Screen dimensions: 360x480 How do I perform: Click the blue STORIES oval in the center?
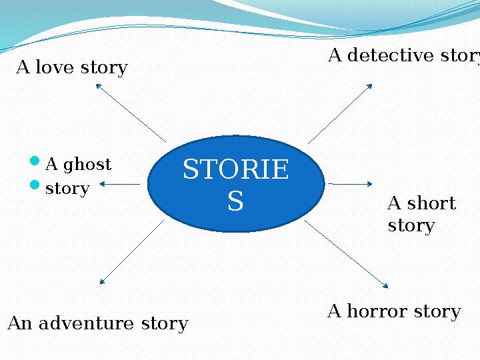click(235, 183)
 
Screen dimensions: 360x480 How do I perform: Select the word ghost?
click(87, 165)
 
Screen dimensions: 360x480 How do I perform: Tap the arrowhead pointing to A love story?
click(98, 85)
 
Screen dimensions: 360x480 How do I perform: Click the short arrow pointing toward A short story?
click(350, 183)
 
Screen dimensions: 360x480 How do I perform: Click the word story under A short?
click(411, 226)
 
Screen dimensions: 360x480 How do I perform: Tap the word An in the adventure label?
click(19, 324)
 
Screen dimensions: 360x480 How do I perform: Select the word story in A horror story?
click(437, 311)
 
